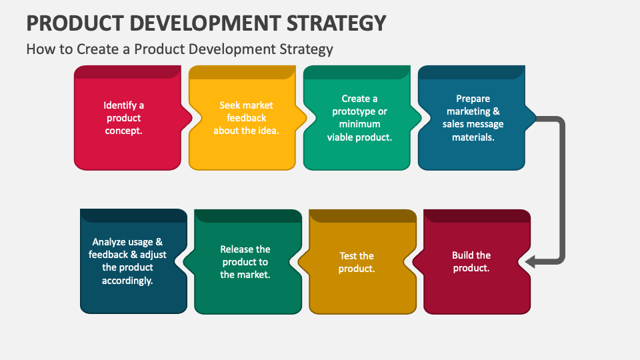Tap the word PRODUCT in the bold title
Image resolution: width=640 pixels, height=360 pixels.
pos(72,23)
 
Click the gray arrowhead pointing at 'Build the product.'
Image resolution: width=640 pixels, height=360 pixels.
pos(531,263)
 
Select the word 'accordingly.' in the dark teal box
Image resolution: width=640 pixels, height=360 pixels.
pos(127,281)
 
